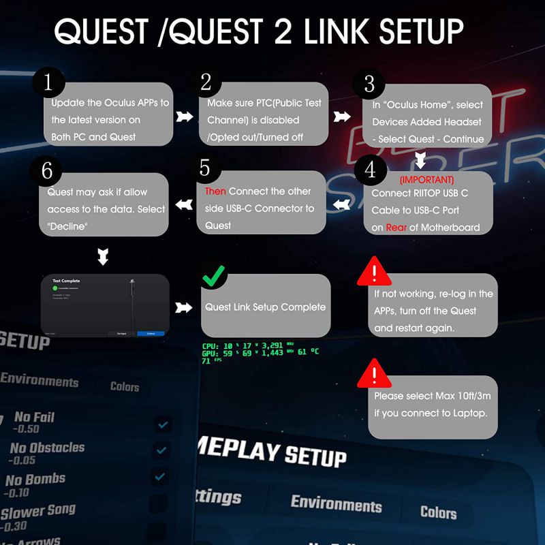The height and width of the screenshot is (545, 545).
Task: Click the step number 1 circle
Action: click(x=48, y=83)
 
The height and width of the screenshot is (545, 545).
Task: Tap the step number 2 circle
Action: click(x=206, y=83)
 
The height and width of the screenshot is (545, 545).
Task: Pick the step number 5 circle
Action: click(x=206, y=170)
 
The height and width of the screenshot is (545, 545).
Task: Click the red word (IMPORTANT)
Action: click(x=426, y=180)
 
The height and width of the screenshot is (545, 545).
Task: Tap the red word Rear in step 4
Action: click(x=396, y=228)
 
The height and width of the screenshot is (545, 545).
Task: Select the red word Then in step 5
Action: click(x=215, y=191)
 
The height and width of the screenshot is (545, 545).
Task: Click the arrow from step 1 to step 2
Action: click(x=183, y=117)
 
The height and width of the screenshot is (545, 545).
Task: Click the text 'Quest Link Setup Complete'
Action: click(x=266, y=307)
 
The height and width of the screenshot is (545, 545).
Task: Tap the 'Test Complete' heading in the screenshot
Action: click(x=66, y=280)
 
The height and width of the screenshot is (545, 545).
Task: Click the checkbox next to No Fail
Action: click(x=163, y=425)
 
